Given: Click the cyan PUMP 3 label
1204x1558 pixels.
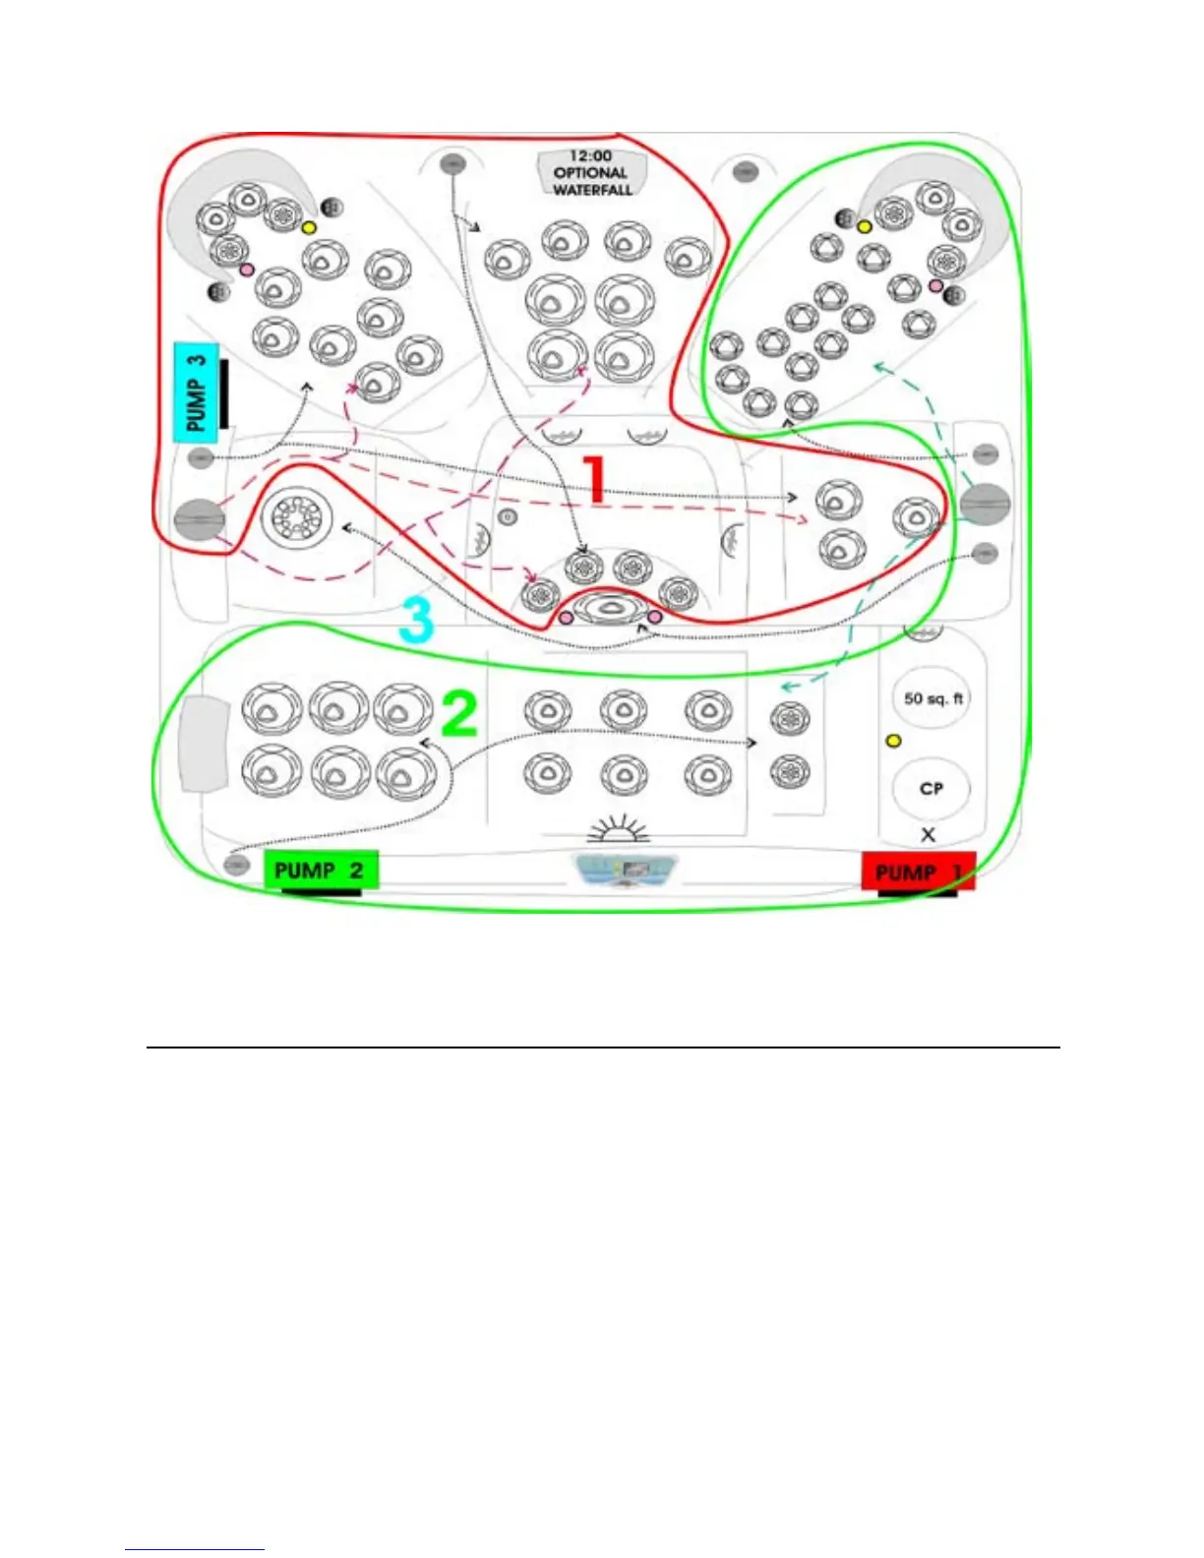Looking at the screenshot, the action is pyautogui.click(x=196, y=390).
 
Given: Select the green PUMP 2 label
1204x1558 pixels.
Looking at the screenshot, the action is pyautogui.click(x=320, y=870).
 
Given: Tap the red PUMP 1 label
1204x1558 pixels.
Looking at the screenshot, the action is pyautogui.click(x=918, y=872).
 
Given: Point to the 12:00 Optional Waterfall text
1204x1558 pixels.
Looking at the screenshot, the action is pyautogui.click(x=591, y=172).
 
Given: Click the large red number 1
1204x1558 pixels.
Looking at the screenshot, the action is pyautogui.click(x=593, y=479).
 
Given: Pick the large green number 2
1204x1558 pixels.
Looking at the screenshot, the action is pyautogui.click(x=458, y=714).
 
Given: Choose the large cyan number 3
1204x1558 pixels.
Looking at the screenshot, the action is pyautogui.click(x=416, y=621).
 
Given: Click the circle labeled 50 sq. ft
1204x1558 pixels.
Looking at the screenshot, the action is pyautogui.click(x=932, y=698).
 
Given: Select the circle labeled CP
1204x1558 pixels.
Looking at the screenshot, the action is pyautogui.click(x=931, y=789).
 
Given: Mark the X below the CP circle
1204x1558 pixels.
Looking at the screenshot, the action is pyautogui.click(x=928, y=835).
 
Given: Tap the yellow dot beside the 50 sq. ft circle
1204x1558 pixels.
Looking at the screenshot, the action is pyautogui.click(x=893, y=741).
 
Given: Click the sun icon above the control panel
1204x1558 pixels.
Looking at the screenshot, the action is pyautogui.click(x=619, y=830).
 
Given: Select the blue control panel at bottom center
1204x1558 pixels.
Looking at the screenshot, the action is pyautogui.click(x=627, y=870).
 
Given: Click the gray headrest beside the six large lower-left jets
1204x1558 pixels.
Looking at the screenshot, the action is pyautogui.click(x=205, y=744).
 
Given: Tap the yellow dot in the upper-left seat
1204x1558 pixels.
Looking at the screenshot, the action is pyautogui.click(x=309, y=227).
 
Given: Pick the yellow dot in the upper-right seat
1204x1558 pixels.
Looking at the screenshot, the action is pyautogui.click(x=865, y=227).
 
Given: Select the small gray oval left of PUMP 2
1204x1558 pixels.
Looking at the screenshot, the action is pyautogui.click(x=235, y=865).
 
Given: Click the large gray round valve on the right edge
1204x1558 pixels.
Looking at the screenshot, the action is pyautogui.click(x=985, y=503).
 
